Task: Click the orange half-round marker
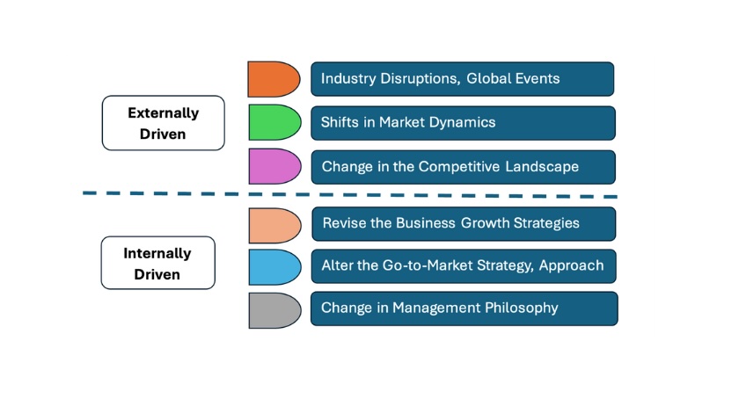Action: pos(274,79)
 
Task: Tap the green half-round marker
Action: pos(274,122)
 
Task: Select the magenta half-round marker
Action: pos(274,166)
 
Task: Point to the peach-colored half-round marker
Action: pos(274,226)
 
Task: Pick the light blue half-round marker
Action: pos(274,267)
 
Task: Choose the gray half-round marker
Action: pos(274,310)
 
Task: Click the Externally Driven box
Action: pos(163,123)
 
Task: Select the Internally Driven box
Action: pos(157,263)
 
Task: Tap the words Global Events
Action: pos(513,78)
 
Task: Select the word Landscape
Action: pos(542,166)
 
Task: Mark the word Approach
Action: pos(571,266)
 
